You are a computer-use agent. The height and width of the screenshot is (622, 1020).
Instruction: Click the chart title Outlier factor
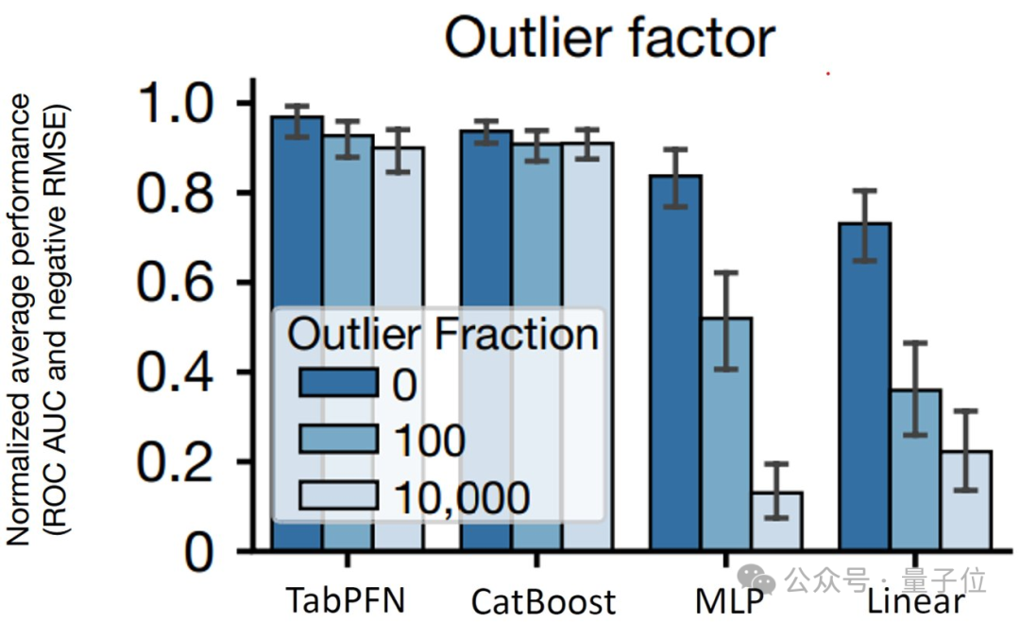610,38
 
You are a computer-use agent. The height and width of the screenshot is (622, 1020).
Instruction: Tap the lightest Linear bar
965,501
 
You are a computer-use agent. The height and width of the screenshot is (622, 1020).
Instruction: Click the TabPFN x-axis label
347,599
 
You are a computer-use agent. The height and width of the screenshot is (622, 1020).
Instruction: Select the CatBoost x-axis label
543,601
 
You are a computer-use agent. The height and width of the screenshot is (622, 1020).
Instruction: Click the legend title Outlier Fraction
442,334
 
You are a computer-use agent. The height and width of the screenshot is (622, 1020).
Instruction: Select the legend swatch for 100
339,440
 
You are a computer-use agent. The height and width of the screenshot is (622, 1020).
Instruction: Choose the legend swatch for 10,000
339,494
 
